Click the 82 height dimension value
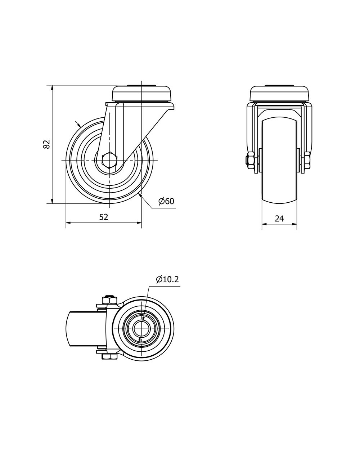[46, 144]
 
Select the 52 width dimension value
[104, 217]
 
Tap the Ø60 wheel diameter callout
[166, 201]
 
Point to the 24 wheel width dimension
[279, 219]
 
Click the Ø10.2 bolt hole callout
[167, 279]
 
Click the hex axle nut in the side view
[109, 160]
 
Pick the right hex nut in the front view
[307, 160]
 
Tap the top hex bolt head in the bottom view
[109, 300]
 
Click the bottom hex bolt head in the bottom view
[109, 357]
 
